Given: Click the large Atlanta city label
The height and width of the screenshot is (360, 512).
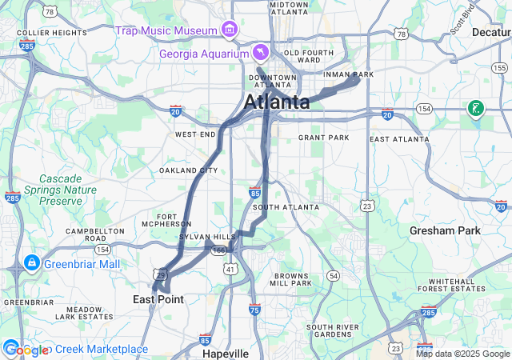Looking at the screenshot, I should pyautogui.click(x=277, y=102).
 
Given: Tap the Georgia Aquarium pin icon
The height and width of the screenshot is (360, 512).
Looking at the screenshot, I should pyautogui.click(x=260, y=52).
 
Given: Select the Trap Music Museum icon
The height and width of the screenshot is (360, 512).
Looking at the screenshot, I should pyautogui.click(x=230, y=30).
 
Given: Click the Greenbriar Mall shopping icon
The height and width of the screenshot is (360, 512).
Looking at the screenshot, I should pyautogui.click(x=31, y=262).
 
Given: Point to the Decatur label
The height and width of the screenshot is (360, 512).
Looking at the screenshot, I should pyautogui.click(x=490, y=33).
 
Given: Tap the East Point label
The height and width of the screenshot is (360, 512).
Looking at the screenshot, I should pyautogui.click(x=158, y=299).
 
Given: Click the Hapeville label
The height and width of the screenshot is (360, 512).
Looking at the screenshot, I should pyautogui.click(x=225, y=353).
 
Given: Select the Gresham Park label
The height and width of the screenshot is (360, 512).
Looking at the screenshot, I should pyautogui.click(x=445, y=230).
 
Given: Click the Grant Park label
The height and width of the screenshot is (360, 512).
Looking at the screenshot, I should pyautogui.click(x=324, y=138).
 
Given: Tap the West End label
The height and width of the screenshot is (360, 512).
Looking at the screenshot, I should pyautogui.click(x=195, y=134).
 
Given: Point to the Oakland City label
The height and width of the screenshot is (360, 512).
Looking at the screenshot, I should pyautogui.click(x=188, y=170).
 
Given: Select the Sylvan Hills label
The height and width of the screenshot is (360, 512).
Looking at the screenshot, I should pyautogui.click(x=207, y=238).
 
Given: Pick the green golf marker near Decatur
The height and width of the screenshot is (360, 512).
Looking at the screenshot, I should pyautogui.click(x=475, y=108).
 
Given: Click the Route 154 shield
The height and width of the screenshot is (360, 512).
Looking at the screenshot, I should pyautogui.click(x=424, y=108).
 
